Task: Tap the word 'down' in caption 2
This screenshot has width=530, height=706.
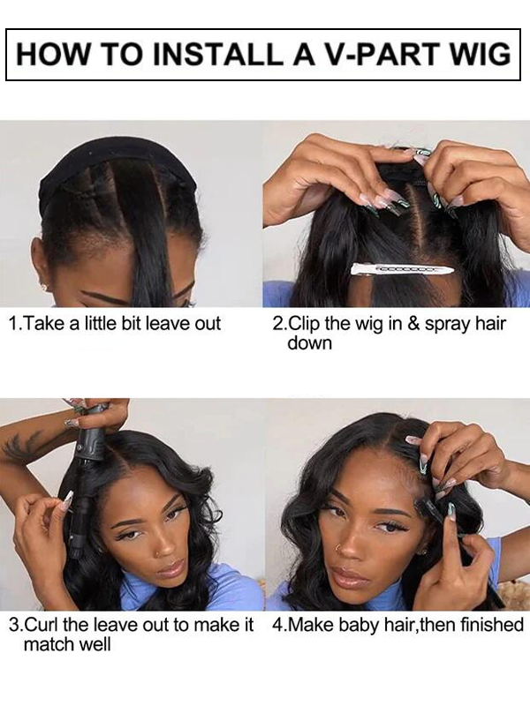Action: pyautogui.click(x=309, y=343)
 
